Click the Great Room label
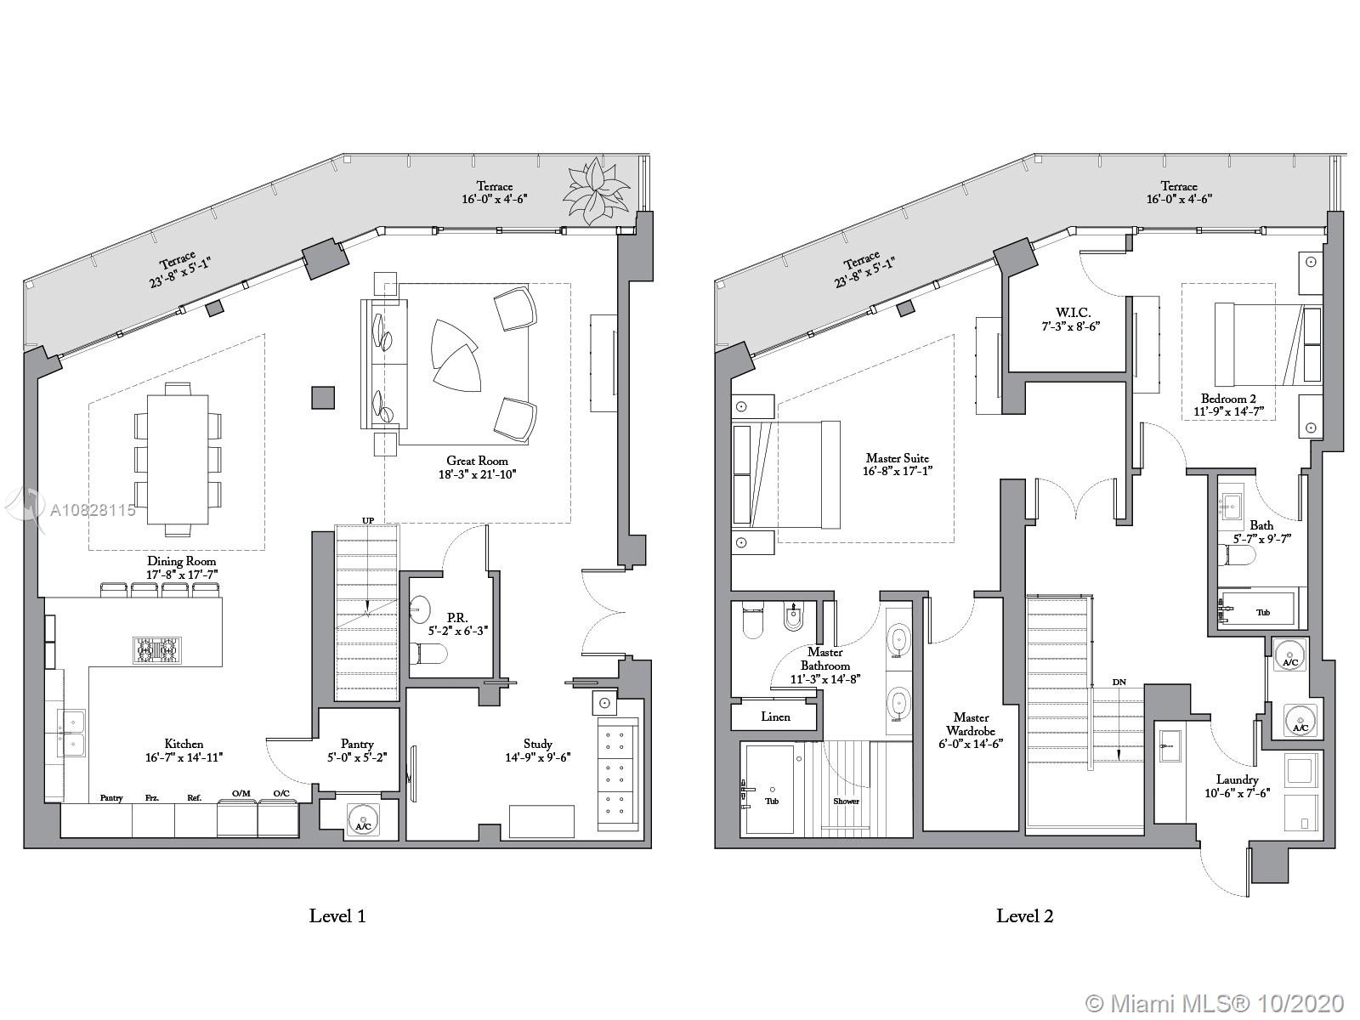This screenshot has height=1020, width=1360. point(477,461)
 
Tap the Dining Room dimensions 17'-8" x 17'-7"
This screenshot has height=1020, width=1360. point(182,575)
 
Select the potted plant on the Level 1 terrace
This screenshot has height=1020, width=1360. point(596,190)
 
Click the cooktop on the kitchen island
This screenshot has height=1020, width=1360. point(157,650)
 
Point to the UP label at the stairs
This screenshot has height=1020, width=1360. point(368,521)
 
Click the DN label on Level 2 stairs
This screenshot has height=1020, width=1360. point(1119,682)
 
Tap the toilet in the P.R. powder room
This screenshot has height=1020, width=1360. point(428,653)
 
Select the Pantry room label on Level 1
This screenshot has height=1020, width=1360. point(357,744)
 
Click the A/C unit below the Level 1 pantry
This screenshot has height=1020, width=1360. point(363,820)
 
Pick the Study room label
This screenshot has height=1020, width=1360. point(537,744)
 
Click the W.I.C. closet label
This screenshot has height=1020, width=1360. point(1074,313)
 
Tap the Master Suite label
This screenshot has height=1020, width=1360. point(897,458)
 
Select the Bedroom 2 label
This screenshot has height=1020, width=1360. point(1228,399)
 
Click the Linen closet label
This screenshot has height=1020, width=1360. point(776,717)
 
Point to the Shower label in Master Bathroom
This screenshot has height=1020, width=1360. point(846,801)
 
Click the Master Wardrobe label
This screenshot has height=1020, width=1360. point(971,724)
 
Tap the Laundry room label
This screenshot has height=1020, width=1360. point(1237,779)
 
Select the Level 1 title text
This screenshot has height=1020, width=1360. point(337,916)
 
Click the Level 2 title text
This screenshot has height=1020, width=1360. point(1025,916)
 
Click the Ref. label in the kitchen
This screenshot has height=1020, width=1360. point(195,797)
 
